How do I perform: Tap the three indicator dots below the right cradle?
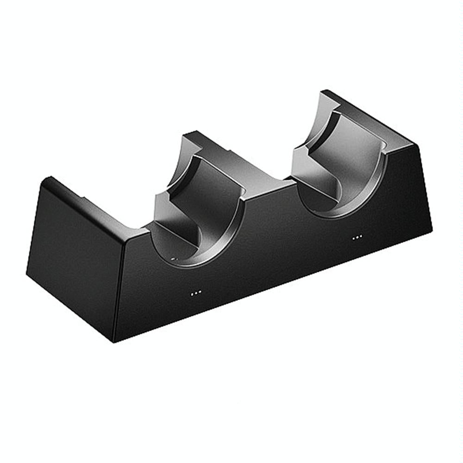click(x=357, y=238)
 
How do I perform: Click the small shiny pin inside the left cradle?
click(x=174, y=260)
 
